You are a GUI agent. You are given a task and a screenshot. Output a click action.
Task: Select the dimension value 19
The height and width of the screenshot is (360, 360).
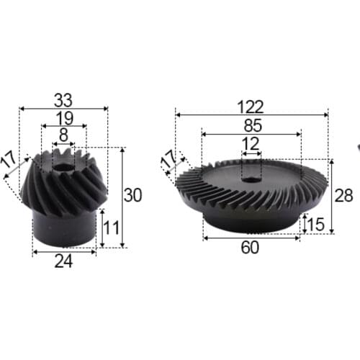tap(63, 117)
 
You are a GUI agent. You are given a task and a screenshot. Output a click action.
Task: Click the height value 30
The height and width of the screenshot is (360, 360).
tap(133, 194)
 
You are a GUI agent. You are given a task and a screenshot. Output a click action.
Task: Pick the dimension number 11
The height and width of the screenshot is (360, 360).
tap(110, 228)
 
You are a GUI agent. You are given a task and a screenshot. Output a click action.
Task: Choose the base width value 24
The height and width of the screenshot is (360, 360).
tap(64, 263)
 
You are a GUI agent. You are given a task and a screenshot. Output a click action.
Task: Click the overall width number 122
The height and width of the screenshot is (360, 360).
tap(251, 106)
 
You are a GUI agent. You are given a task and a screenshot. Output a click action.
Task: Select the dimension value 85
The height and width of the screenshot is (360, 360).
tap(251, 125)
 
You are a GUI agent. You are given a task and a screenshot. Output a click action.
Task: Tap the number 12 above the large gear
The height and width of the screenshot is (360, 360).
tap(251, 143)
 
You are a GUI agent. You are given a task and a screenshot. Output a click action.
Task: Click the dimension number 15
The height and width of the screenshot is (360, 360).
tap(315, 224)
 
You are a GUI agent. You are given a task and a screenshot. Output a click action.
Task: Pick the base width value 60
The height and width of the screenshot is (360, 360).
tap(251, 248)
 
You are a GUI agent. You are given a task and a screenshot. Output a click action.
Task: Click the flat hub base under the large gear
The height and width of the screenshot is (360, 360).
tap(251, 220)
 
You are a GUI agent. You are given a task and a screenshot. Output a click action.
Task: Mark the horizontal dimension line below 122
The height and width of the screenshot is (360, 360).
tap(251, 114)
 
